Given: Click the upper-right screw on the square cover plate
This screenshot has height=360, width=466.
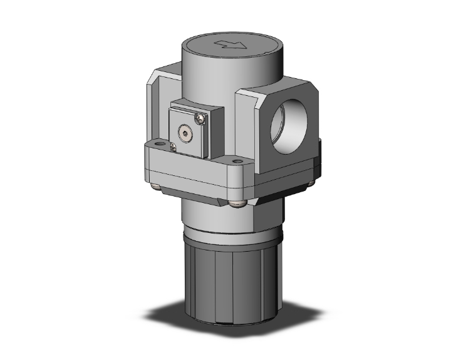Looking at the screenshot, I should [200, 116].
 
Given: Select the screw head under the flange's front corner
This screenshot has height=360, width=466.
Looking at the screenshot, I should [236, 202].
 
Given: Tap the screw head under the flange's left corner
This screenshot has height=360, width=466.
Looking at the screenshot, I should [155, 186].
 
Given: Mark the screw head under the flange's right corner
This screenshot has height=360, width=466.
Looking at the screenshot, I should [308, 182].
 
